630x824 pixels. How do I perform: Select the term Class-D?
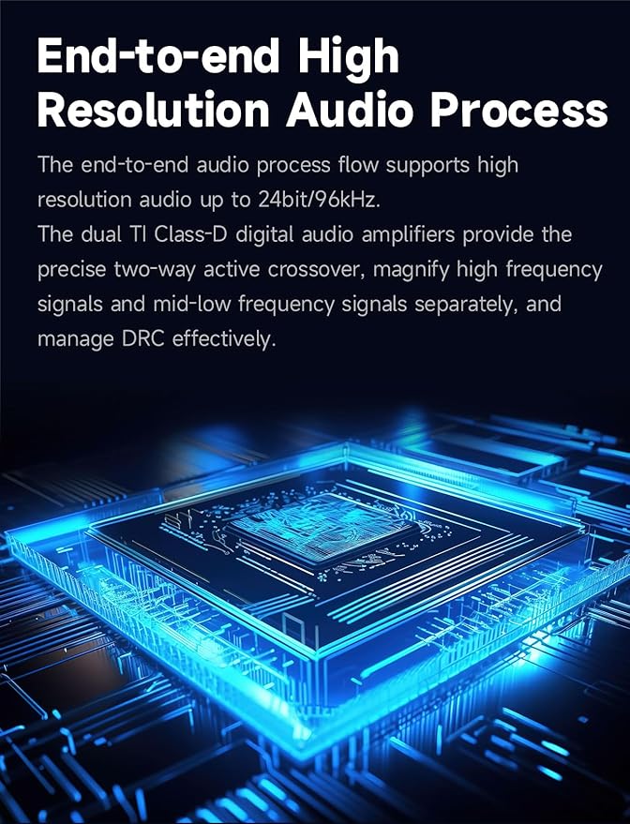190,234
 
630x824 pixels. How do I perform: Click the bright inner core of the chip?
320,527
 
